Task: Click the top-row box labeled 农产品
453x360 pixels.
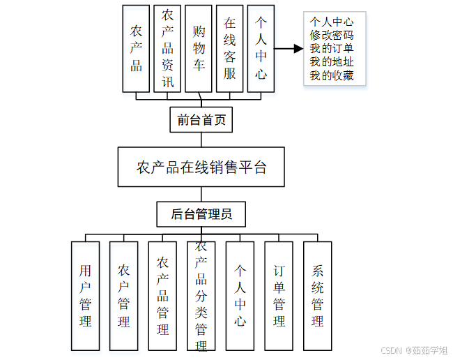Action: [x=136, y=49]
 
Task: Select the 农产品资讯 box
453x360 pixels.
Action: [x=167, y=49]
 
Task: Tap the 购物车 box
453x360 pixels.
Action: [x=199, y=49]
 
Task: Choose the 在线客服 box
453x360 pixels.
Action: [x=229, y=49]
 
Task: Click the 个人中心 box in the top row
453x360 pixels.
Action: [x=260, y=49]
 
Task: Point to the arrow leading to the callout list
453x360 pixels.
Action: [x=289, y=49]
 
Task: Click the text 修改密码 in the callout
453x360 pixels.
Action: [x=332, y=35]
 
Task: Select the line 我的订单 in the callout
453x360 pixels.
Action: [x=332, y=48]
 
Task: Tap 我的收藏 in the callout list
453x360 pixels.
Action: [x=332, y=75]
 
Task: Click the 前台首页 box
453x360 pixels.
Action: [x=201, y=120]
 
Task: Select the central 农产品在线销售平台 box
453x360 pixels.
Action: [x=201, y=167]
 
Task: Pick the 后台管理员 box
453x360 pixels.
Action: [x=201, y=214]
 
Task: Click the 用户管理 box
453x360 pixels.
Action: [x=86, y=296]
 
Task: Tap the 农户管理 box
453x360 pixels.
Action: [x=123, y=296]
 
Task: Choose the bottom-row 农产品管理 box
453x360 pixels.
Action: [x=162, y=296]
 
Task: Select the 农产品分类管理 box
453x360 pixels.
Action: [x=201, y=296]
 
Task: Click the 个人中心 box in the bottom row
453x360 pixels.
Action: [x=240, y=296]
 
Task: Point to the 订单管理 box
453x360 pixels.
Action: [x=279, y=296]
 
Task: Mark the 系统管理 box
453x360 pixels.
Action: [x=317, y=296]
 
